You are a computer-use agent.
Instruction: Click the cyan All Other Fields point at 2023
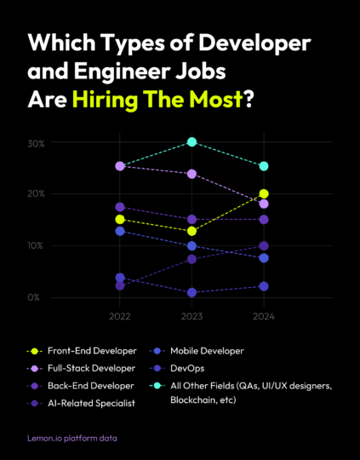click(192, 141)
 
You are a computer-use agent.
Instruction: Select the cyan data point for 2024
click(264, 166)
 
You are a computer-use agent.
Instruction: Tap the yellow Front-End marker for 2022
click(120, 220)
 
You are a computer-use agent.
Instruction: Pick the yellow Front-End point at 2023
click(192, 231)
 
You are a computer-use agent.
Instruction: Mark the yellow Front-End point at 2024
click(264, 194)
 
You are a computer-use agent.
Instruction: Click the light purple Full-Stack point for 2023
click(192, 174)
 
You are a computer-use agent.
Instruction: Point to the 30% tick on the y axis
click(35, 143)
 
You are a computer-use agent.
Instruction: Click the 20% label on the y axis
click(35, 194)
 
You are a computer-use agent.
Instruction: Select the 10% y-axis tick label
click(35, 246)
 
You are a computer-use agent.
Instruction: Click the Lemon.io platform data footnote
click(72, 438)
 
